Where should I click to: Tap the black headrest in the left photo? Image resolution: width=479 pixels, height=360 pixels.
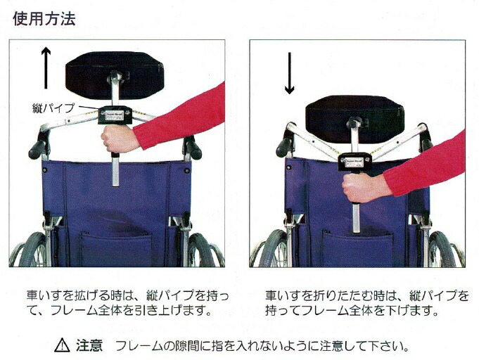pyautogui.click(x=115, y=71)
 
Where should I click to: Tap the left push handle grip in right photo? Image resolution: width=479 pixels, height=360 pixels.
pyautogui.click(x=285, y=144)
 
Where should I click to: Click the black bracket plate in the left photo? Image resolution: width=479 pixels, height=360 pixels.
pyautogui.click(x=115, y=114)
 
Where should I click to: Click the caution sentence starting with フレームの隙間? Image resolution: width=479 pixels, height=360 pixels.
pyautogui.click(x=261, y=346)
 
